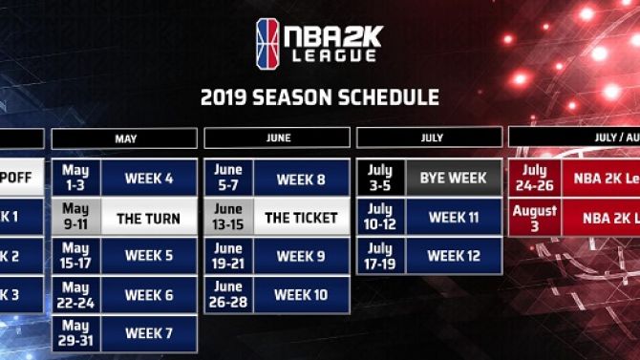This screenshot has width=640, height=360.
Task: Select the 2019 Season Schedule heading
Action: point(319,97)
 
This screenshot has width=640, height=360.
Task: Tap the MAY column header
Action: point(125,138)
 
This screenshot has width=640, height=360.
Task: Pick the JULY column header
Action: point(430,138)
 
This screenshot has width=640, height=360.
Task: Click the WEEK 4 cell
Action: point(149,178)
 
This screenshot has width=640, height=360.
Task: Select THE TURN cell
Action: point(149,218)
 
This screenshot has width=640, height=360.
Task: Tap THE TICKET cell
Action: point(300,218)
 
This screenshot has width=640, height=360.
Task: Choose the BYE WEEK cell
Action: point(453,178)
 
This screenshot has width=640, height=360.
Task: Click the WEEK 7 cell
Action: point(149,334)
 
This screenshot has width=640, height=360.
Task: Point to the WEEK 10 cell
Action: point(300,295)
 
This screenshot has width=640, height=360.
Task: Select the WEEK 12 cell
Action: point(453,256)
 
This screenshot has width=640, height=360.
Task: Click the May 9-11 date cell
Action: point(76,218)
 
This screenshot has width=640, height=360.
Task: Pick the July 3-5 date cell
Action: point(380,178)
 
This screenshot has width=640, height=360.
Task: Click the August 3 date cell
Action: point(535,218)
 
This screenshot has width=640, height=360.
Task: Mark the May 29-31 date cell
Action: point(76,334)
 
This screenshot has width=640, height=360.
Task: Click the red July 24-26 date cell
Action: point(535,178)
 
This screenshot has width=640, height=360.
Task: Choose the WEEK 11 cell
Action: point(453,217)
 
